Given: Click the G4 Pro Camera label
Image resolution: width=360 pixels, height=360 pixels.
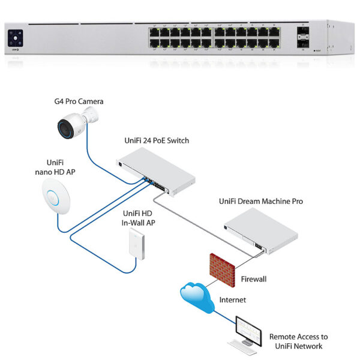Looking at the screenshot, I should coord(79,101).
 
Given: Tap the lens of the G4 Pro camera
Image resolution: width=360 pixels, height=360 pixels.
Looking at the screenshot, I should coord(66,127).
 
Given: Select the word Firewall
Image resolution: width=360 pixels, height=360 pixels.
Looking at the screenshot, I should coord(254,279).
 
